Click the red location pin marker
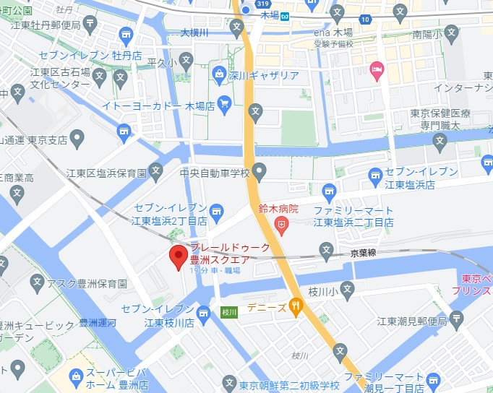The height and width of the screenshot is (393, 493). click(178, 256)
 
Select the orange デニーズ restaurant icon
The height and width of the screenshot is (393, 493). click(295, 306)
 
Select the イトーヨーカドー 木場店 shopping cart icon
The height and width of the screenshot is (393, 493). click(224, 105)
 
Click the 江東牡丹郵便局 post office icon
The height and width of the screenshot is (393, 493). click(90, 25)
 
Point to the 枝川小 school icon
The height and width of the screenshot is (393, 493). click(348, 290)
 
